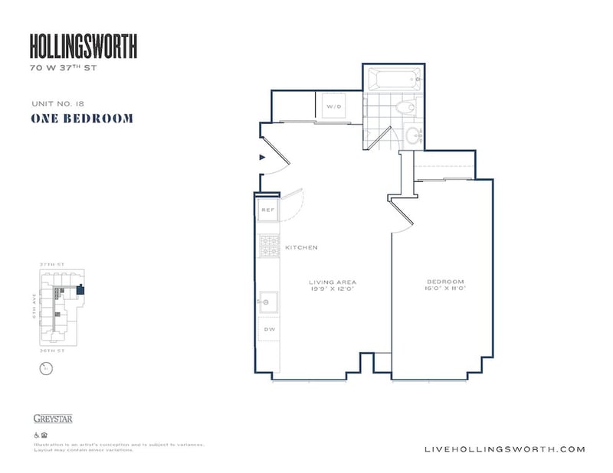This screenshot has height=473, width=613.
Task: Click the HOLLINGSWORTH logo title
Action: (84, 47)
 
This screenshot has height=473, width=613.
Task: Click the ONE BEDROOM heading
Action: (82, 119)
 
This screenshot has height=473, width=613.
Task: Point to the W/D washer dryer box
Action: (334, 106)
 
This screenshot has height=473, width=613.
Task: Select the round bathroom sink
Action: (414, 138)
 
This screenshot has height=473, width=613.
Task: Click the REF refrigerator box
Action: (268, 209)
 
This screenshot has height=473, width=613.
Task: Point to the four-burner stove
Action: (268, 246)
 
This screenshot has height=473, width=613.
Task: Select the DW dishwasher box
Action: (268, 331)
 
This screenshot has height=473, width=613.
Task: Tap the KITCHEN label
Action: (301, 248)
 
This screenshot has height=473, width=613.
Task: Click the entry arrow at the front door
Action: (263, 158)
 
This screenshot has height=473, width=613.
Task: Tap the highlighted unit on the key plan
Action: (82, 289)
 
